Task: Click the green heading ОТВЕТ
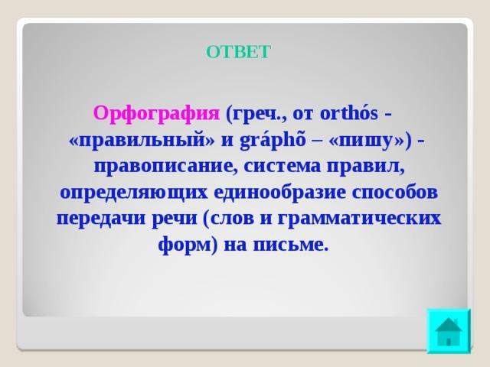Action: [238, 51]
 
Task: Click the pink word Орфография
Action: [156, 114]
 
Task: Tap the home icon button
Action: [449, 331]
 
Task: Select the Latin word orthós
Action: [349, 113]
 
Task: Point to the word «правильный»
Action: [142, 141]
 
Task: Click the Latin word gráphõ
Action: [273, 140]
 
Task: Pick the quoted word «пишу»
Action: [367, 141]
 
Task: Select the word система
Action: [282, 167]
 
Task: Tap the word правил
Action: [365, 167]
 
